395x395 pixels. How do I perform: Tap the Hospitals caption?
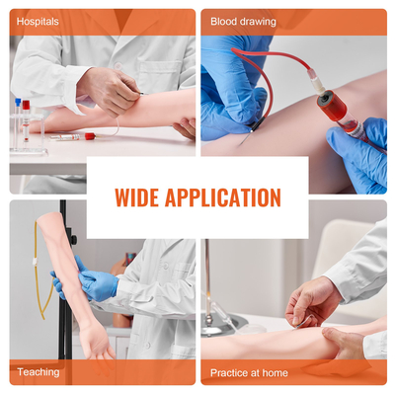[38, 21]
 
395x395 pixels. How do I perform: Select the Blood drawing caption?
[243, 21]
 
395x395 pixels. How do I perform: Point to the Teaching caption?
[39, 372]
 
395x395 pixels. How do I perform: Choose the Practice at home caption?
[249, 372]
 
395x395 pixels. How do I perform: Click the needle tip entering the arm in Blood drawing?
[243, 144]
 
